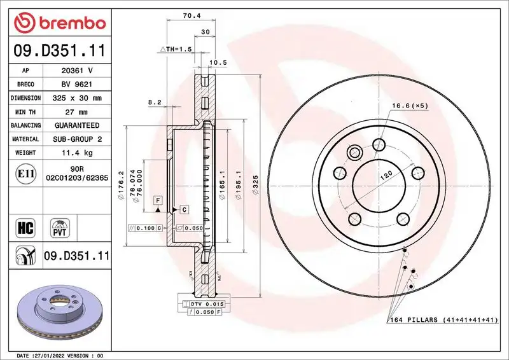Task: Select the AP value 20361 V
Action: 77,71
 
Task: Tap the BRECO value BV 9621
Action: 77,85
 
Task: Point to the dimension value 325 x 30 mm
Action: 77,98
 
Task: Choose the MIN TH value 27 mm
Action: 77,112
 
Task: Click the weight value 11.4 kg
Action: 77,153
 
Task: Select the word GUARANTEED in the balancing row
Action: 77,125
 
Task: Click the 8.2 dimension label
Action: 155,102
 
